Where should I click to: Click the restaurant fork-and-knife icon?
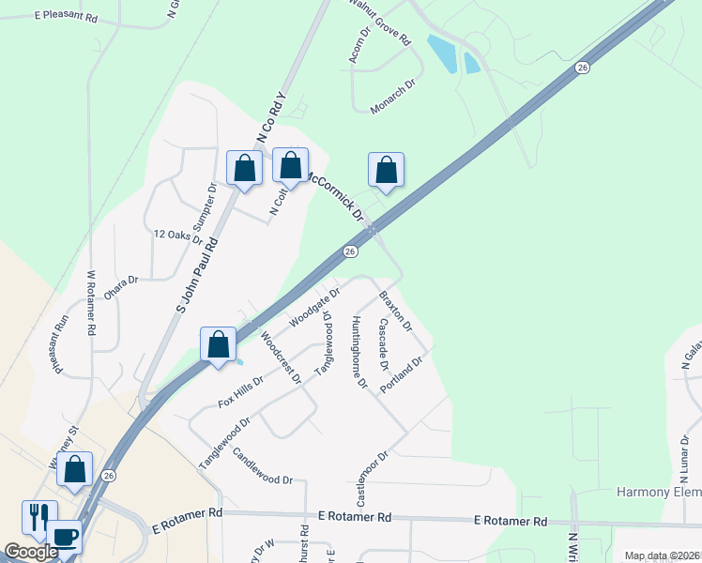pyautogui.click(x=38, y=515)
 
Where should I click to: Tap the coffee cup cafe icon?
pyautogui.click(x=64, y=537)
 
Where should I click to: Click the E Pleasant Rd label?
pyautogui.click(x=65, y=17)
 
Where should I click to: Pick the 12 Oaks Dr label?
pyautogui.click(x=177, y=236)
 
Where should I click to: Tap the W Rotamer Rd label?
pyautogui.click(x=92, y=304)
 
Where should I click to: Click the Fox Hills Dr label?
pyautogui.click(x=240, y=389)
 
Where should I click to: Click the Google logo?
pyautogui.click(x=31, y=552)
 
